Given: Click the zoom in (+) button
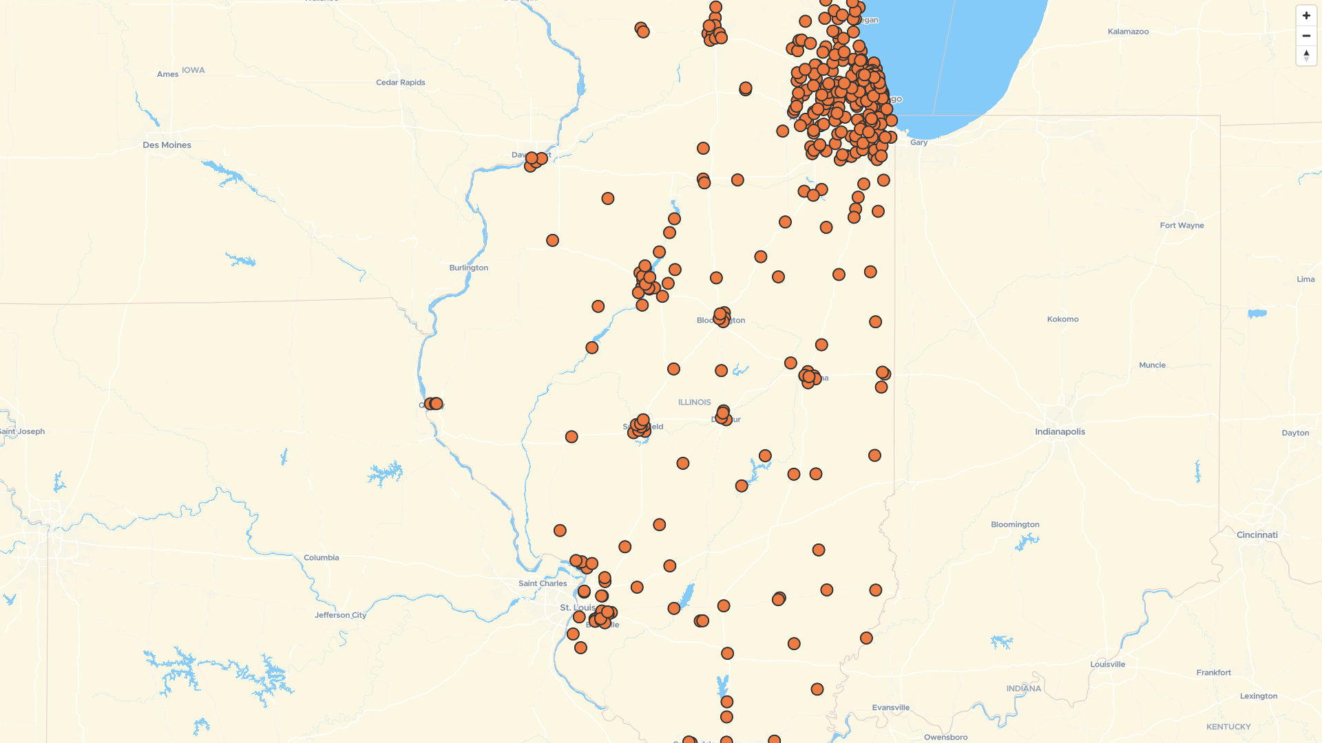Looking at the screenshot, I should coord(1306,16).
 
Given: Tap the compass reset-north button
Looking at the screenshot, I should coord(1306,56).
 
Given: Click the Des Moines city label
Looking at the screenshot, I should coord(167,145).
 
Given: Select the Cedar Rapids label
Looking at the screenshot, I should coord(401,83).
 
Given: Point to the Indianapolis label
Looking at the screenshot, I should coord(1060,432).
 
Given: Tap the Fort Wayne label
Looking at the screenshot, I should coord(1182,226).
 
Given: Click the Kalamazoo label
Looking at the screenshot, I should coord(1128,32).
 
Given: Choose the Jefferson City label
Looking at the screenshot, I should coord(340,615).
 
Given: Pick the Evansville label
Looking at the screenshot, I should coord(890,708).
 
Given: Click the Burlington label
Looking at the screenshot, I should coord(468,268).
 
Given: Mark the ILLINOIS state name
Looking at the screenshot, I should coord(694,402).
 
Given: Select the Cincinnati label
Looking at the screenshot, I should coord(1257,535).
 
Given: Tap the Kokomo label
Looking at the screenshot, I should coord(1062,319).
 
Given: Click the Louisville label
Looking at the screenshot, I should coord(1107,665).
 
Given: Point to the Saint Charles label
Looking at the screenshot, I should coord(543,583).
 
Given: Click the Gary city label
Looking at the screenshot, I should coord(919,142).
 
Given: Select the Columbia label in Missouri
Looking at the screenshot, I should coord(321,558).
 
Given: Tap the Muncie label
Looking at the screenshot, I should coord(1152,365).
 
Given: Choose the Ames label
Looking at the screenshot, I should coord(167,74).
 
